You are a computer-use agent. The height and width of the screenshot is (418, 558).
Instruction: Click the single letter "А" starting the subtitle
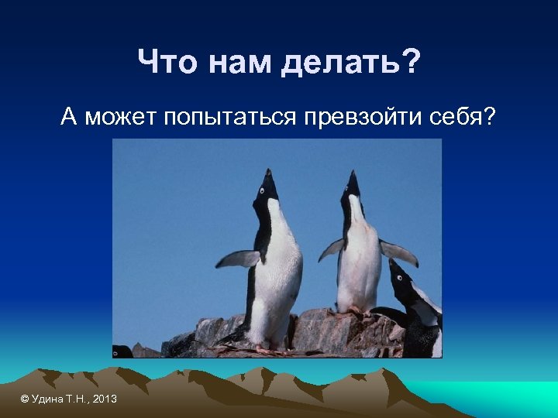[70, 118]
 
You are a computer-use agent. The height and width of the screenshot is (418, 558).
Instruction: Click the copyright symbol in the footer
[25, 399]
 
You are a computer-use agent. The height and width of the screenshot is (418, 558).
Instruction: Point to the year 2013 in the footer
[105, 399]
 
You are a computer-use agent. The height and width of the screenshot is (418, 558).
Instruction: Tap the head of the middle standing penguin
[353, 186]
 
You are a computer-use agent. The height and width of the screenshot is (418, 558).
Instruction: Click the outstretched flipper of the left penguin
[237, 259]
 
